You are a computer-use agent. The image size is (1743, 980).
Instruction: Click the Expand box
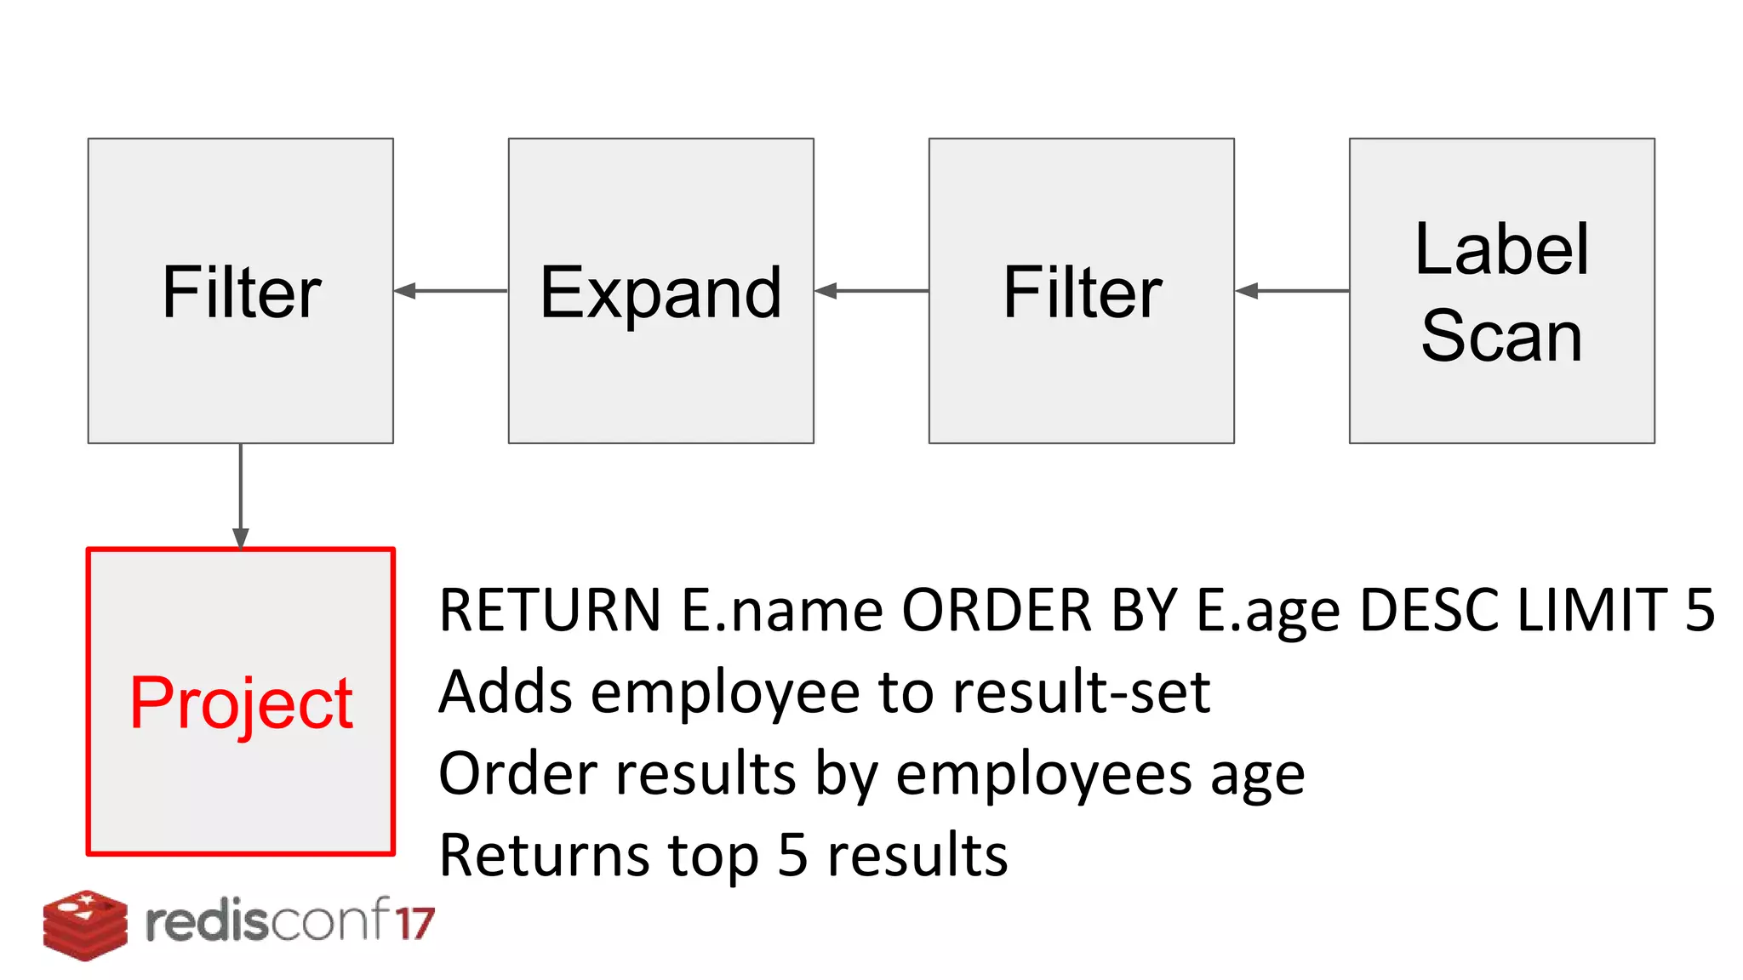(660, 291)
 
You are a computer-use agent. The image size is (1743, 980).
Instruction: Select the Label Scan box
(1501, 291)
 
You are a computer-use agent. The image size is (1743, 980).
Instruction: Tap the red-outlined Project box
(241, 701)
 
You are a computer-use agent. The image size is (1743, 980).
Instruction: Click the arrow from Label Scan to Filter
(1291, 291)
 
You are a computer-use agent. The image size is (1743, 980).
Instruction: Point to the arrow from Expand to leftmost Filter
(450, 291)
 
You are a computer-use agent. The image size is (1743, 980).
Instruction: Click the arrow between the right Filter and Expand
(871, 291)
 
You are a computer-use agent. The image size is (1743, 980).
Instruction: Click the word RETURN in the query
(550, 610)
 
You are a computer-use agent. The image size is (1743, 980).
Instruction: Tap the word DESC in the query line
(1429, 610)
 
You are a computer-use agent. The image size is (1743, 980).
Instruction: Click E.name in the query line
(782, 610)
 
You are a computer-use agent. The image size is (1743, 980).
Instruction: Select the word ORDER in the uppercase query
(997, 610)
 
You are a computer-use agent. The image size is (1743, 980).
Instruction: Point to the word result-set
(1081, 692)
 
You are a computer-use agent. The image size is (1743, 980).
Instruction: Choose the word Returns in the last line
(544, 855)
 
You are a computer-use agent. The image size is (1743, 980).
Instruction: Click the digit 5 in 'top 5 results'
(792, 855)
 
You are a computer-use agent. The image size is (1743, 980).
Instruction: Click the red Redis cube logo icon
(85, 925)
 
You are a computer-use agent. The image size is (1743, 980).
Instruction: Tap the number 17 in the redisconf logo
(414, 923)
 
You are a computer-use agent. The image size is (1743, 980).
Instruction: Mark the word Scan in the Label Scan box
(1501, 336)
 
